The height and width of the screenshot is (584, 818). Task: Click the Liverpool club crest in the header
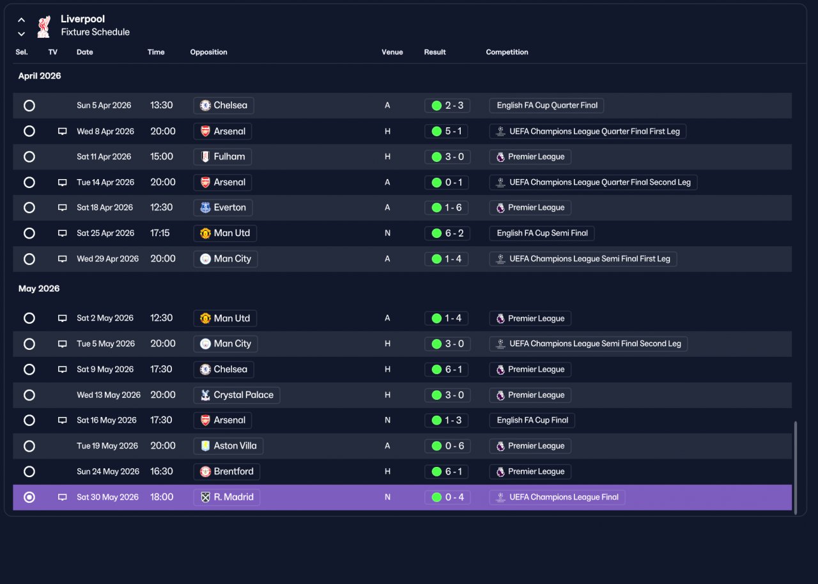pyautogui.click(x=43, y=26)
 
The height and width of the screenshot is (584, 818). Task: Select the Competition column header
pyautogui.click(x=507, y=52)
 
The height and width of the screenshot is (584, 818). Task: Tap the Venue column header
pyautogui.click(x=392, y=52)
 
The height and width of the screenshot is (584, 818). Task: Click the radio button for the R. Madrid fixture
pyautogui.click(x=29, y=497)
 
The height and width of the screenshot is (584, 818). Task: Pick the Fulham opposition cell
pyautogui.click(x=222, y=157)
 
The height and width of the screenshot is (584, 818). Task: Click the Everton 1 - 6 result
pyautogui.click(x=447, y=208)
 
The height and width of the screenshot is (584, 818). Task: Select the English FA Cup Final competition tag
pyautogui.click(x=532, y=420)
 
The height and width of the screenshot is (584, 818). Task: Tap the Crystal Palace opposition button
pyautogui.click(x=236, y=395)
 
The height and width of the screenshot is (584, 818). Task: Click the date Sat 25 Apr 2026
pyautogui.click(x=105, y=233)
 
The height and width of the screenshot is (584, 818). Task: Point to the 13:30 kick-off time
pyautogui.click(x=162, y=106)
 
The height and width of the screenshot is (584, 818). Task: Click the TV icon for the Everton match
pyautogui.click(x=63, y=208)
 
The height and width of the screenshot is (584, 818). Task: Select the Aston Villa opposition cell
pyautogui.click(x=228, y=446)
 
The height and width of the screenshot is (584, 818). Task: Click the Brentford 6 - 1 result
pyautogui.click(x=447, y=471)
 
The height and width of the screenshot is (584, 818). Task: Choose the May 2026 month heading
pyautogui.click(x=39, y=288)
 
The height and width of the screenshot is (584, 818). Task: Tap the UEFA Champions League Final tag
pyautogui.click(x=557, y=497)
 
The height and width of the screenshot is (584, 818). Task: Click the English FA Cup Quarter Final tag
pyautogui.click(x=546, y=106)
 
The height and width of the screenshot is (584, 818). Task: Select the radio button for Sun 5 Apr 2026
pyautogui.click(x=29, y=106)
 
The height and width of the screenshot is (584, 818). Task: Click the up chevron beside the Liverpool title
pyautogui.click(x=22, y=20)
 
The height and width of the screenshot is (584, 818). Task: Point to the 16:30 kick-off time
pyautogui.click(x=162, y=471)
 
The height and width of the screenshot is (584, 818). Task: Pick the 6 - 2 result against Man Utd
pyautogui.click(x=447, y=233)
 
